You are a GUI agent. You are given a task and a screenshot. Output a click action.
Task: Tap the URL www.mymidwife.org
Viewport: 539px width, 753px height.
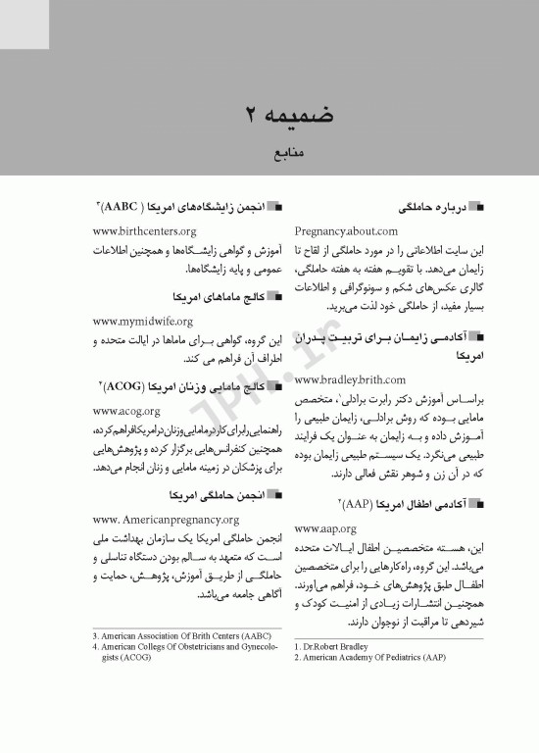click(142, 321)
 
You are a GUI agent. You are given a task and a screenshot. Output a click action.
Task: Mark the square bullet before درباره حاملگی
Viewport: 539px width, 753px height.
click(477, 209)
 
